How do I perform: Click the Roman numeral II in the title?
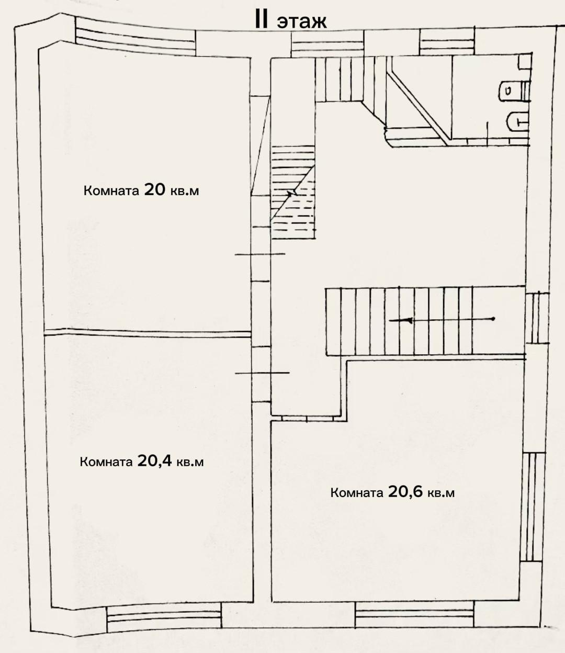coord(262,21)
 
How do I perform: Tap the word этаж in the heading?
coord(302,22)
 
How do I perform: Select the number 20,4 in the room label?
coord(154,461)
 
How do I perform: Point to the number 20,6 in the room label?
coord(405,491)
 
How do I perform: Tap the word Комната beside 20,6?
coord(357,493)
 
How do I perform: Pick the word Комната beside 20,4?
coord(106,462)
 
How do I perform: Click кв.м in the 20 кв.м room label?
coord(185,191)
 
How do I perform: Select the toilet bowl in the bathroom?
coord(514,91)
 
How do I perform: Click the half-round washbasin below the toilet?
coord(517,122)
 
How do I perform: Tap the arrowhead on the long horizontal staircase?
coord(409,321)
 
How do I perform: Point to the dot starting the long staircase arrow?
coord(493,319)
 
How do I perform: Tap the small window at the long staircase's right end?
coord(537,318)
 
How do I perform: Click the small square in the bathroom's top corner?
coord(525,62)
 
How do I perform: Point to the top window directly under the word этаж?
coord(327,44)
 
